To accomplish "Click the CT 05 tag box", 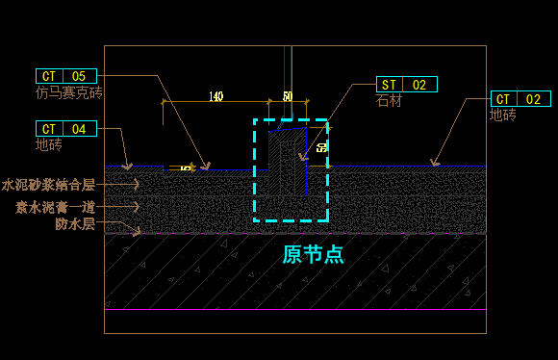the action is click(x=66, y=76).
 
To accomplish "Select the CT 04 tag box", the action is click(x=66, y=129).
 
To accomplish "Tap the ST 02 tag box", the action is click(x=406, y=85).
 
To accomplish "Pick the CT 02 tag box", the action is click(x=520, y=99).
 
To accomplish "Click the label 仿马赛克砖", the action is click(x=68, y=93).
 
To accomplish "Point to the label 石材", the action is click(x=389, y=100).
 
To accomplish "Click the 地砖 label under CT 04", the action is click(x=49, y=145).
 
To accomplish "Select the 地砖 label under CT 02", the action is click(x=503, y=116).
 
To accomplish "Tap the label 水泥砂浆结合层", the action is click(x=48, y=185).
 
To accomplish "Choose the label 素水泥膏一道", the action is click(x=55, y=207).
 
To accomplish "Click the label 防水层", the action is click(x=74, y=224).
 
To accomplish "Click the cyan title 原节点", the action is click(x=313, y=255).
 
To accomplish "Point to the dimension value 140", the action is click(x=216, y=97).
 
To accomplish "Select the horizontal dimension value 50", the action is click(x=287, y=97).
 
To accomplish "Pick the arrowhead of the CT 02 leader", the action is click(x=434, y=164).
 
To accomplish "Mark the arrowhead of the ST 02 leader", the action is click(x=302, y=156).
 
